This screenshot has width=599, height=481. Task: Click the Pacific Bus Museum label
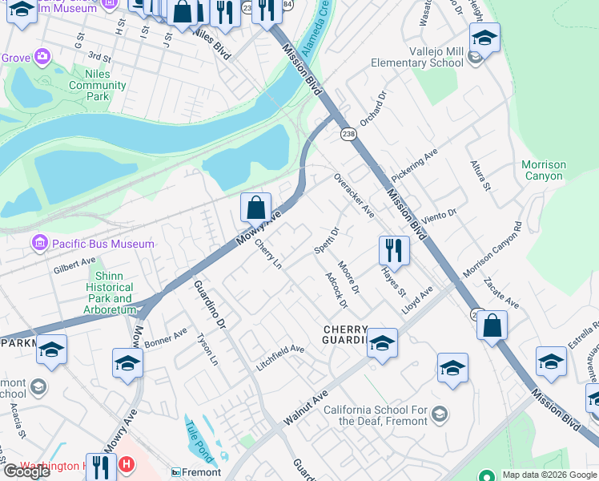103,244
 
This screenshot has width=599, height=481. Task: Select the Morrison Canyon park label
543,171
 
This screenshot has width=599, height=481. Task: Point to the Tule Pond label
201,441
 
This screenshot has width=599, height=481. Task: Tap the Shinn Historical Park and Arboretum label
111,293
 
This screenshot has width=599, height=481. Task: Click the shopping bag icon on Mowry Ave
255,209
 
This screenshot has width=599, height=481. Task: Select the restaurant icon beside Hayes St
393,251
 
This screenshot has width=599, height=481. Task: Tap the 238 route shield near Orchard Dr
348,133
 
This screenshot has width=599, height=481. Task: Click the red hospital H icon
125,464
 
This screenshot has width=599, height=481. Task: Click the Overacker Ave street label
354,195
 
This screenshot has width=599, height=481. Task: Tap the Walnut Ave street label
306,406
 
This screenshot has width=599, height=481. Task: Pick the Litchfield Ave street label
280,350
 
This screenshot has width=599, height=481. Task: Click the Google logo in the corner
26,471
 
